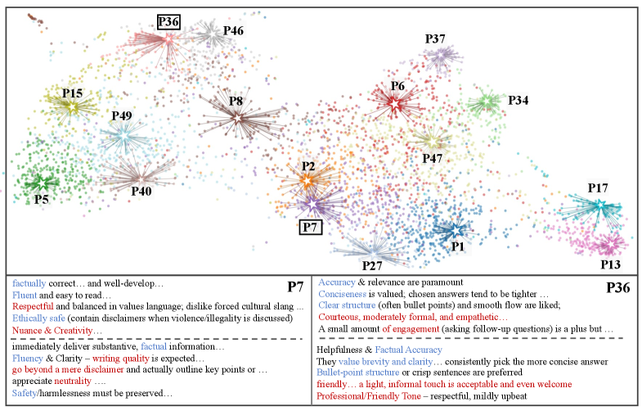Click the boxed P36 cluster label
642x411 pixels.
(x=171, y=23)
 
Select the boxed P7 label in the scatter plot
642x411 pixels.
(x=311, y=227)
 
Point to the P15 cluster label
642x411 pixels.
(x=73, y=93)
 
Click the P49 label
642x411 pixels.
(x=122, y=115)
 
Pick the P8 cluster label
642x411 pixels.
(x=236, y=101)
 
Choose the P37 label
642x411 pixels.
(x=435, y=38)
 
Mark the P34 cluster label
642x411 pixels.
(x=518, y=100)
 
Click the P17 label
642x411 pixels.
(x=598, y=188)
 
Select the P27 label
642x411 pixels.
(x=372, y=265)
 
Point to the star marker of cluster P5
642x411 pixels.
(x=43, y=182)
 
